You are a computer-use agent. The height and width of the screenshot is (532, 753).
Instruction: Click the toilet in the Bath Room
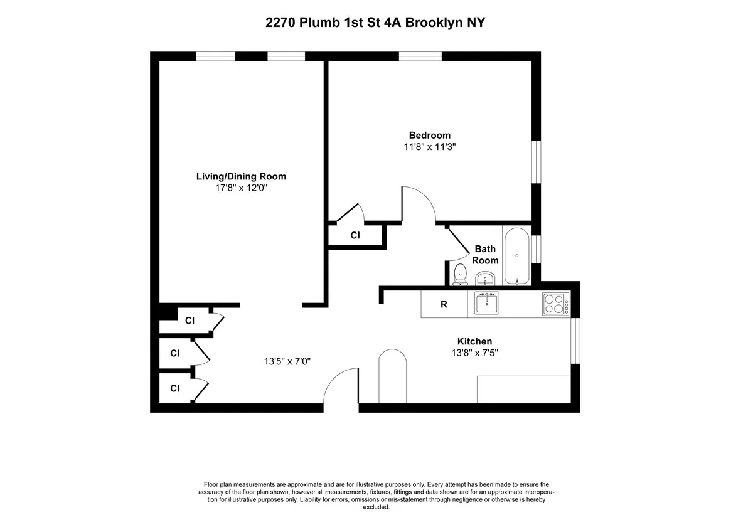[460, 274]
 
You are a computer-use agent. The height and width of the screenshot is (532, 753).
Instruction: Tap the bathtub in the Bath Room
[516, 256]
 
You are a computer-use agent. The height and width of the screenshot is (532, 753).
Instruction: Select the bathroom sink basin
[485, 278]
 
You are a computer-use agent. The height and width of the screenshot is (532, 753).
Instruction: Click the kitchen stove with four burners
[555, 304]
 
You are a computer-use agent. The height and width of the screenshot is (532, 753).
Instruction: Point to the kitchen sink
[486, 304]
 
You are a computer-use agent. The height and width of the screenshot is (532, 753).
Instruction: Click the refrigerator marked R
[444, 305]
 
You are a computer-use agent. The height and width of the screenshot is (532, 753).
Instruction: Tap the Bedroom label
[430, 135]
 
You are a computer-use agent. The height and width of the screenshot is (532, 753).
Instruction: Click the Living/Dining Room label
[242, 176]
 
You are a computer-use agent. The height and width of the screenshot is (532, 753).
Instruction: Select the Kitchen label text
[474, 341]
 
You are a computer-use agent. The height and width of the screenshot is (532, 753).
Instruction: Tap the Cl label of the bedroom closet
[355, 235]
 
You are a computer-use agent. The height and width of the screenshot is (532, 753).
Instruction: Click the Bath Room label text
[485, 255]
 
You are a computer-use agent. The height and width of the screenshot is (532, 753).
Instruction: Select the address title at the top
[376, 23]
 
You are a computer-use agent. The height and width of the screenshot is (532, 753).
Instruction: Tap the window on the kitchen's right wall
[574, 340]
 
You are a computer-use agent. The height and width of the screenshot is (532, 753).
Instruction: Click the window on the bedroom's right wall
[536, 162]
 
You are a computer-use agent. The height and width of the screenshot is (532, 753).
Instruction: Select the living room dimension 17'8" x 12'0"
[242, 188]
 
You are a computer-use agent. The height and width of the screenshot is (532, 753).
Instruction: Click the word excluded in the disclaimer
[376, 508]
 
